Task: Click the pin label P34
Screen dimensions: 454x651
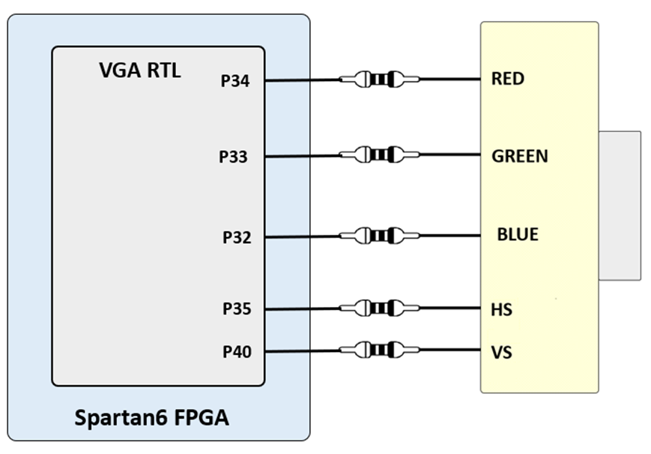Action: pyautogui.click(x=236, y=81)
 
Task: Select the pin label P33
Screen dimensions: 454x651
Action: pyautogui.click(x=233, y=157)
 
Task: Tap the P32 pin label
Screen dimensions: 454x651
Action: pyautogui.click(x=237, y=238)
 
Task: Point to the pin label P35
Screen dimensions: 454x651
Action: pyautogui.click(x=237, y=308)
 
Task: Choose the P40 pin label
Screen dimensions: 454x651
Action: pyautogui.click(x=237, y=351)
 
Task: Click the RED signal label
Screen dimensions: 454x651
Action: pyautogui.click(x=508, y=79)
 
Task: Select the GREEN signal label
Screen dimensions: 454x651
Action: pyautogui.click(x=520, y=156)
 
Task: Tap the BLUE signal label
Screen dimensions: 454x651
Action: pyautogui.click(x=518, y=235)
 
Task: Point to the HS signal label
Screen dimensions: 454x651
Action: pyautogui.click(x=502, y=309)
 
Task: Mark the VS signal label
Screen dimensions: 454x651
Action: pyautogui.click(x=502, y=351)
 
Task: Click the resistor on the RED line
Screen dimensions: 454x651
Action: pyautogui.click(x=379, y=78)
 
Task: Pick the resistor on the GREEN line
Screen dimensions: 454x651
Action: pyautogui.click(x=379, y=155)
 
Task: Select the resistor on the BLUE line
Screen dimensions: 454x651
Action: pyautogui.click(x=379, y=235)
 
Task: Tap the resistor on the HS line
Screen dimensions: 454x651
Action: pyautogui.click(x=379, y=308)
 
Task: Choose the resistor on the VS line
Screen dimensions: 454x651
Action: pyautogui.click(x=379, y=350)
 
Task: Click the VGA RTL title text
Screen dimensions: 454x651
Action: pyautogui.click(x=140, y=71)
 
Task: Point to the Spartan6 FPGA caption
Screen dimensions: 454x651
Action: pyautogui.click(x=151, y=417)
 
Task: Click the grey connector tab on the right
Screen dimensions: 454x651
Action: pyautogui.click(x=620, y=205)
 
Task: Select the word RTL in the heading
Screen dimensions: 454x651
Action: pyautogui.click(x=163, y=71)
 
